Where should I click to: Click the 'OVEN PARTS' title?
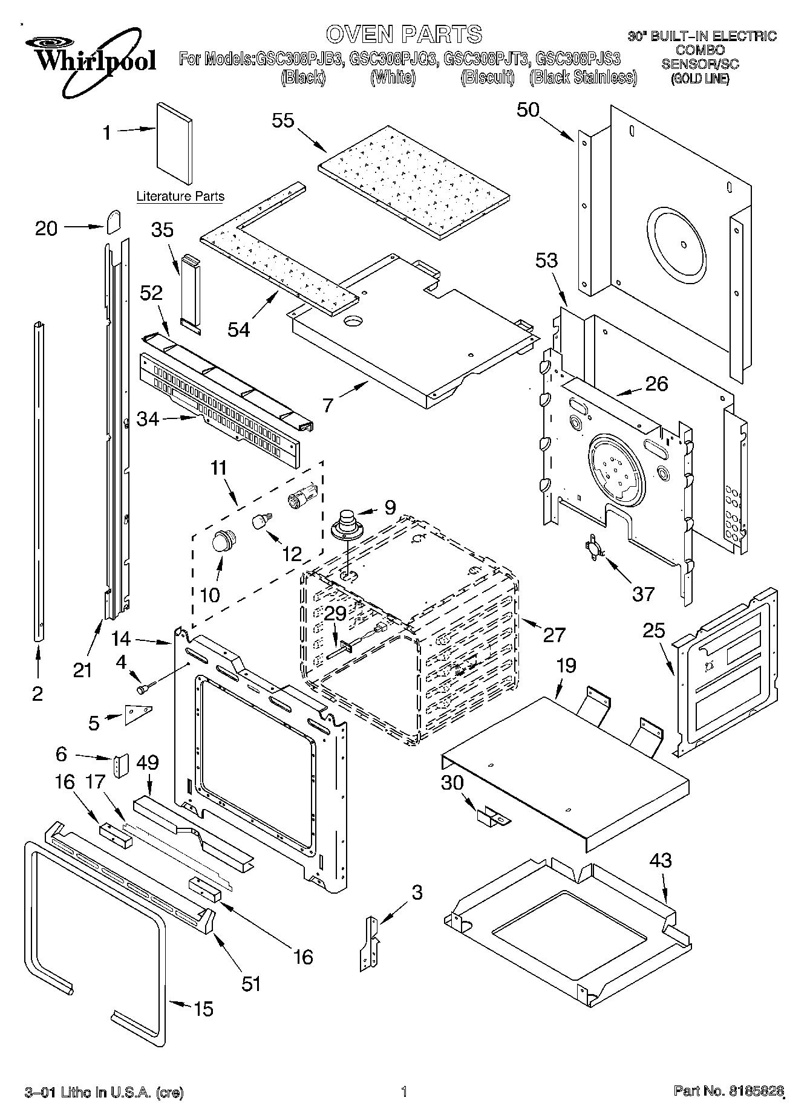click(x=404, y=34)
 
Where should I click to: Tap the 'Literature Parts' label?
click(x=180, y=196)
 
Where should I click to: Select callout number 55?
click(x=283, y=120)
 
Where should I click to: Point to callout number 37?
click(x=642, y=594)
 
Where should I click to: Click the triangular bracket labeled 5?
click(x=137, y=714)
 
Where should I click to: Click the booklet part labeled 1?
click(x=175, y=143)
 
